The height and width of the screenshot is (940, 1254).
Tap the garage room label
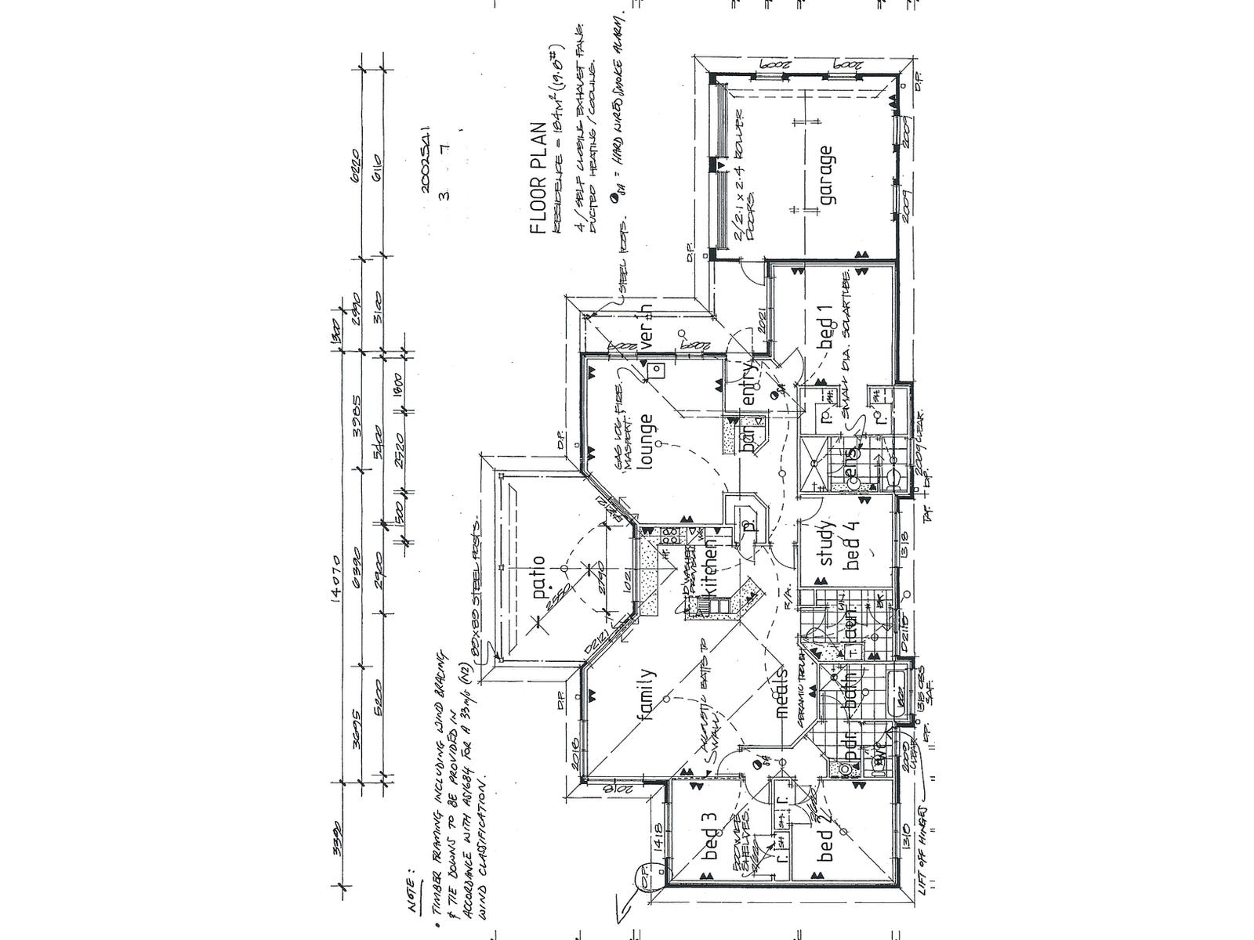[x=826, y=175]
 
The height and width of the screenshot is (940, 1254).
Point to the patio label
[x=538, y=579]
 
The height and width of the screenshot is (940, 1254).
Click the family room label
[x=647, y=696]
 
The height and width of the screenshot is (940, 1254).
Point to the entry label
[x=748, y=385]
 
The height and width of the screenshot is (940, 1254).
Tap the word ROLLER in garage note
[x=740, y=141]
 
